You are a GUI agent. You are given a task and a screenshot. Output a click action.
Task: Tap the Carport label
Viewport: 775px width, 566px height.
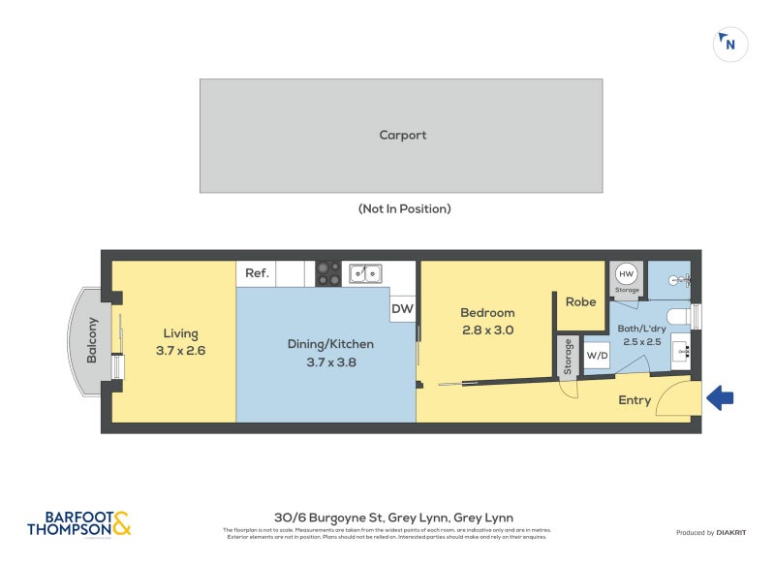point(402,136)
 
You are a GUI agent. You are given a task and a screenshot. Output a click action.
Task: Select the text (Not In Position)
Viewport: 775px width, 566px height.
point(404,208)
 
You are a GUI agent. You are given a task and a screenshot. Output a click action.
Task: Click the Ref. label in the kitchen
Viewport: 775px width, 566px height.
point(257,273)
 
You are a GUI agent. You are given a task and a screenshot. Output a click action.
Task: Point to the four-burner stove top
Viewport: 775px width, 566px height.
point(328,273)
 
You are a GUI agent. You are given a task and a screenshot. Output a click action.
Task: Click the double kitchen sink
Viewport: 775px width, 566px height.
point(365,273)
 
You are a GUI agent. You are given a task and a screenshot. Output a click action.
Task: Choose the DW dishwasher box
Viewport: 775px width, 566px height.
point(402,310)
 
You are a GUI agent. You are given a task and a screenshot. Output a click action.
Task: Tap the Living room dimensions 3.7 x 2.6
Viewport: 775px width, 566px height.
point(180,350)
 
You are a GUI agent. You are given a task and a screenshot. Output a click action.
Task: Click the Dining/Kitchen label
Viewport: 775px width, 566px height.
point(330,344)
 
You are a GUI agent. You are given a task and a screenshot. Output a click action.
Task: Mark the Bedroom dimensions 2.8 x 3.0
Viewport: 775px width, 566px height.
point(487,330)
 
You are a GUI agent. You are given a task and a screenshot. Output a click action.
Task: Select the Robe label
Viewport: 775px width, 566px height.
point(580,302)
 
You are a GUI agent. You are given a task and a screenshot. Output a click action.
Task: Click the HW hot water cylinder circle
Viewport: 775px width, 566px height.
point(627,273)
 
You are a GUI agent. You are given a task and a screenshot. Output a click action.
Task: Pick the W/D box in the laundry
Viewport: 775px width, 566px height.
point(598,355)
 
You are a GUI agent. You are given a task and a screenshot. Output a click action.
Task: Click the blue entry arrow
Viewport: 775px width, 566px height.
point(721,397)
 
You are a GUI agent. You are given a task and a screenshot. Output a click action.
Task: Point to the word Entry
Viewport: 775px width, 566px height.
point(635,400)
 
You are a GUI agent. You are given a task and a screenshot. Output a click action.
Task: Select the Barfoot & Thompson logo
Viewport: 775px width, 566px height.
point(78,523)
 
